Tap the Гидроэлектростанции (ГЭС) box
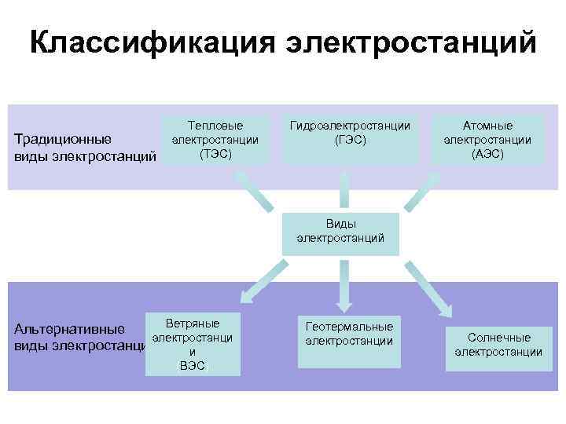pos(350,139)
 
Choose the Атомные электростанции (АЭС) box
pos(487,139)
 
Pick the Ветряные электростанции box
pos(193,344)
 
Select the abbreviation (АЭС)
pos(487,154)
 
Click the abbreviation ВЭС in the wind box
pos(193,366)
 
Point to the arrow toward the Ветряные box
pos(259,283)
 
